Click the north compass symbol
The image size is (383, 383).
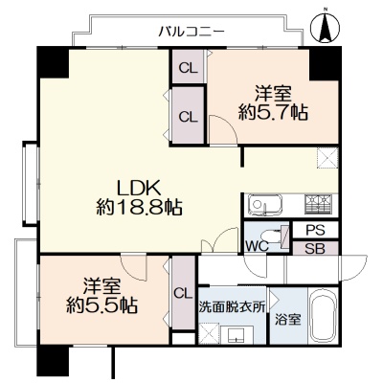[x=326, y=26]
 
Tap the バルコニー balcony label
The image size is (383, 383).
[x=192, y=32]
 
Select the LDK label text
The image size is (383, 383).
[x=139, y=189]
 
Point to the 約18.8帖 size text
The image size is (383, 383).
[x=139, y=208]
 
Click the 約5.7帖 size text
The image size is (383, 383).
[x=273, y=112]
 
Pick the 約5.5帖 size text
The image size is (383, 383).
[x=102, y=305]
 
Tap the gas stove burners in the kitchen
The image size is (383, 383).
[x=318, y=204]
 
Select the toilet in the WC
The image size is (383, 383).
[x=275, y=237]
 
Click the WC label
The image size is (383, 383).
[x=257, y=246]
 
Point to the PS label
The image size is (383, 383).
[x=315, y=230]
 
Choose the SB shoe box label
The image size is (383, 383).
[x=315, y=249]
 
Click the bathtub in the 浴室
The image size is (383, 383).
[x=324, y=317]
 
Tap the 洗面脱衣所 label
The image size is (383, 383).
[x=232, y=307]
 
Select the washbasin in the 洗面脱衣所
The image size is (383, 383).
[x=237, y=334]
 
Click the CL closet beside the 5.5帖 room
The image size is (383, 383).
[x=184, y=293]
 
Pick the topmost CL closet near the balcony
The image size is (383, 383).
[x=188, y=67]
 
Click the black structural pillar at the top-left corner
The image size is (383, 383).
[x=53, y=62]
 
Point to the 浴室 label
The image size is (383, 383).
[x=288, y=320]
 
